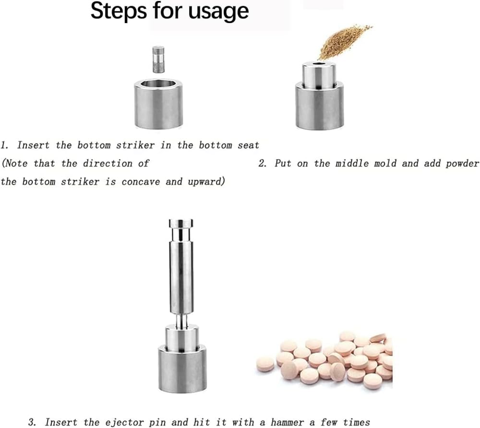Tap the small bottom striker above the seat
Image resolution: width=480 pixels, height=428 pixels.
[158, 59]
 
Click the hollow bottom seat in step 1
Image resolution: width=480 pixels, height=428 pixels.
[158, 104]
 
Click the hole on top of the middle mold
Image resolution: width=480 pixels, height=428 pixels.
[319, 64]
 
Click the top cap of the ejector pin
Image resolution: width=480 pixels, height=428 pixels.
[181, 223]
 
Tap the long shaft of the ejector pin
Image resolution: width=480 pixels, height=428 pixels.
[181, 278]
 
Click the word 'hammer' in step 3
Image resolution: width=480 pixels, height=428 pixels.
[287, 423]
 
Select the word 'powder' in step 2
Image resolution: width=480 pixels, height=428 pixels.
[462, 164]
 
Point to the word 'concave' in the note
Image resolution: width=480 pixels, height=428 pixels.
[141, 182]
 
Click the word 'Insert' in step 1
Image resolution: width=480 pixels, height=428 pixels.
[33, 145]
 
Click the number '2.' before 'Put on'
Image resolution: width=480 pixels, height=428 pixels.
[263, 163]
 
